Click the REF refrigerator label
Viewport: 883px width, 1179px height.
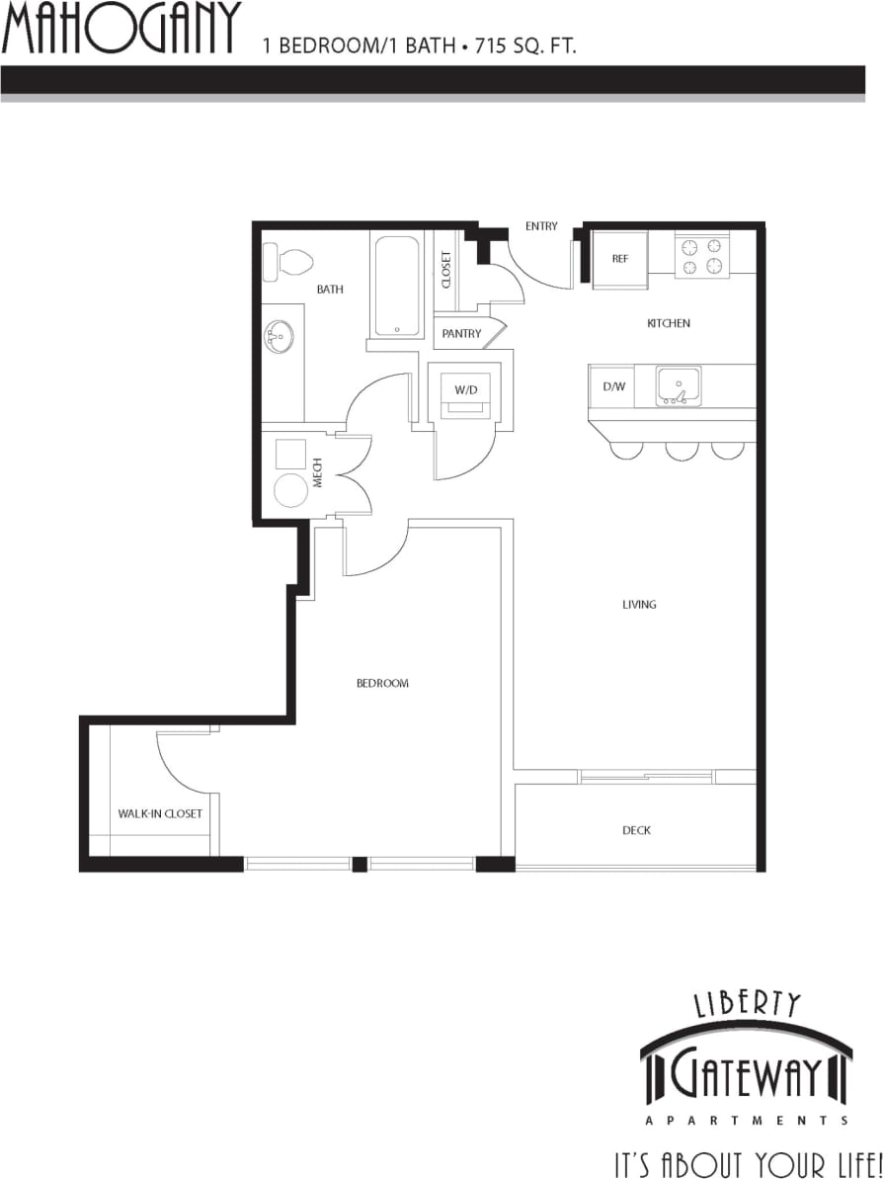click(x=620, y=259)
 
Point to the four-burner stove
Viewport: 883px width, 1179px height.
click(x=701, y=255)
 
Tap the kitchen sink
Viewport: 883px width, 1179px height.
click(x=679, y=384)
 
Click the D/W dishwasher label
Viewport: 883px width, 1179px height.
click(x=614, y=386)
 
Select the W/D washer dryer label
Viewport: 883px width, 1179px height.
click(x=466, y=390)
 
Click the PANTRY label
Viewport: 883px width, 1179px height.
click(x=461, y=334)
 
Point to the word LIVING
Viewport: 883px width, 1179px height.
click(x=639, y=604)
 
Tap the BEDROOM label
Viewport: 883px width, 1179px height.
click(x=382, y=683)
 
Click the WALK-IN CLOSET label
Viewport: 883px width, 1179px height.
click(x=160, y=813)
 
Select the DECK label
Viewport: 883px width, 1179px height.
click(x=637, y=830)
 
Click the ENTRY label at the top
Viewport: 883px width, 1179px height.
click(x=541, y=226)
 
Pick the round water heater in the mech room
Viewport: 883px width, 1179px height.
click(x=290, y=490)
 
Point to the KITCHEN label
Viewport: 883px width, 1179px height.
click(x=669, y=323)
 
